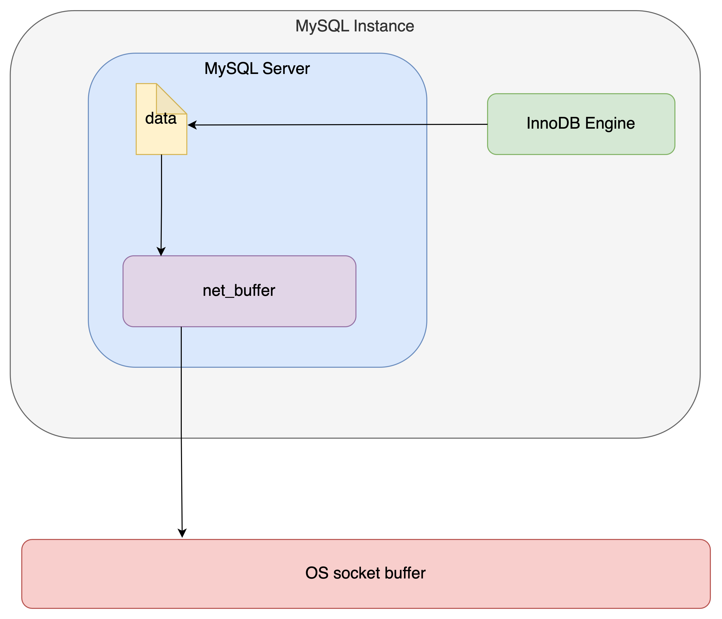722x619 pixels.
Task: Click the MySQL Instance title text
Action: click(x=354, y=26)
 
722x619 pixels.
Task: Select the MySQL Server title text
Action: click(x=257, y=68)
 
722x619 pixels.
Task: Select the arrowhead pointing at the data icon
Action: click(x=192, y=125)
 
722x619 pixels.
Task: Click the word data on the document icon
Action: click(x=161, y=119)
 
